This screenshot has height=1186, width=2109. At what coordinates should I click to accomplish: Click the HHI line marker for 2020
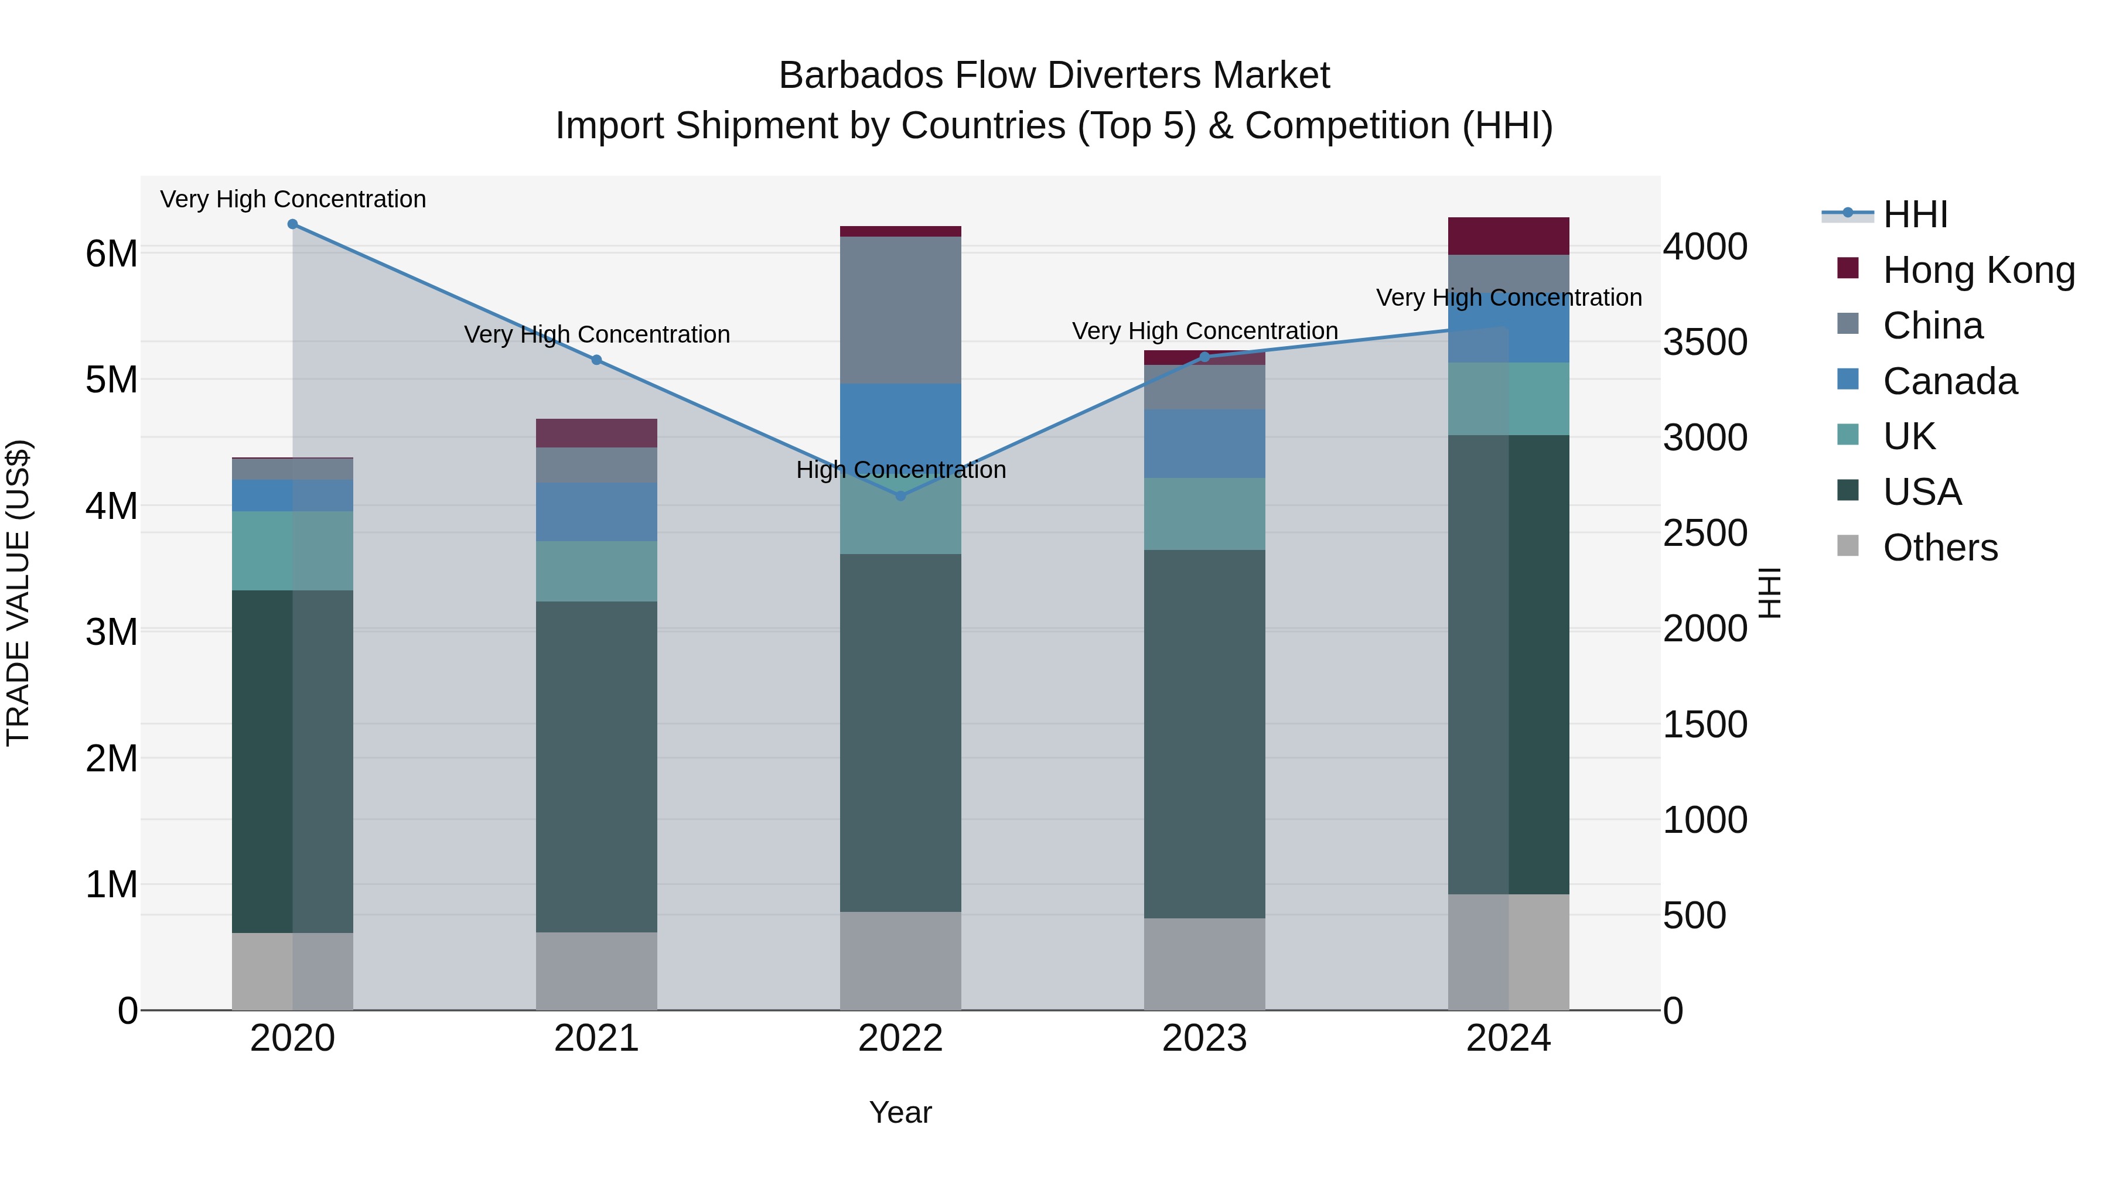[292, 224]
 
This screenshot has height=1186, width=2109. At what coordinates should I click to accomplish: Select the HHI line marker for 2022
[900, 496]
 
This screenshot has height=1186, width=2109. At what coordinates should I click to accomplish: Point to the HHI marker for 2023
[1204, 357]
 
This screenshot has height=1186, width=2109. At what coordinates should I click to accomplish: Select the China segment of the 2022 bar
[900, 310]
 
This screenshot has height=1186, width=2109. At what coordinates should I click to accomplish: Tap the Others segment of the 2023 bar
[1204, 963]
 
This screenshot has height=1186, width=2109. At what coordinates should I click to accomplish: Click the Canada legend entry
[1949, 381]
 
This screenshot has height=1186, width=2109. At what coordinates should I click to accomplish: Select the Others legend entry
[1940, 548]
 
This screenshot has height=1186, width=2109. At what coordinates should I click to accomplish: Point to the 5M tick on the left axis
[111, 380]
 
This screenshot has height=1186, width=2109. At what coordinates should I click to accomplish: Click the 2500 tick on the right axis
[1705, 533]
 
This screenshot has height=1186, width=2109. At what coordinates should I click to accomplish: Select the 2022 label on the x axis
[900, 1038]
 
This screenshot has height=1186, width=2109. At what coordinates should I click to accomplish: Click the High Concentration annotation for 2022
[900, 470]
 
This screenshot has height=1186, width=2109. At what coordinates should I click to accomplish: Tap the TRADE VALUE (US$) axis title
[18, 593]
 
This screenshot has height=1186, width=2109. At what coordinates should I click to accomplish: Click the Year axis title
[900, 1112]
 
